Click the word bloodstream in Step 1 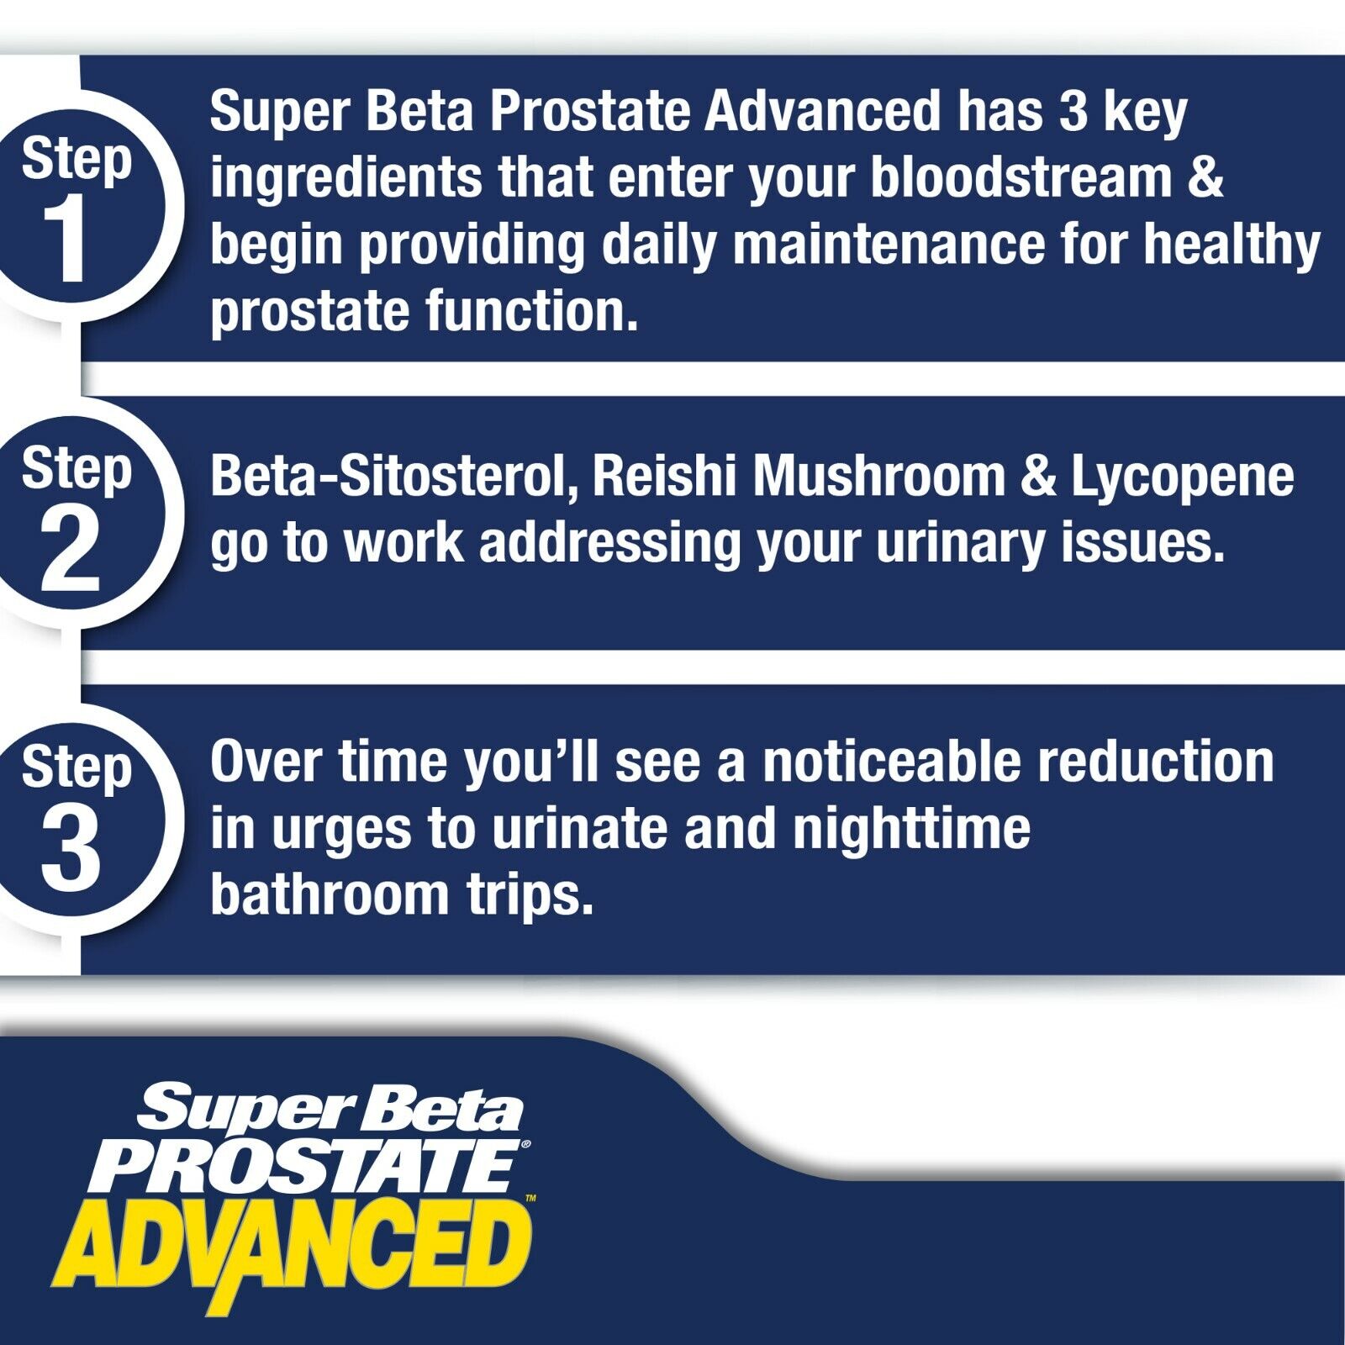coord(1021,177)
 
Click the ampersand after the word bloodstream coord(1205,178)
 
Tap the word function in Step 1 coord(531,311)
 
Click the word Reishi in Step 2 coord(664,476)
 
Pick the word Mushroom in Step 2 coord(879,476)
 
